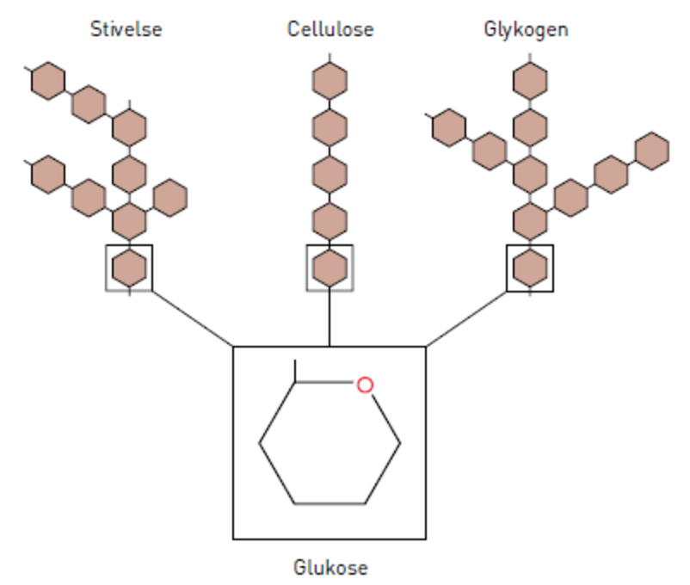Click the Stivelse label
[126, 29]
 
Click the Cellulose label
[330, 29]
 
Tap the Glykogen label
[526, 29]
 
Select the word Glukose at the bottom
[330, 568]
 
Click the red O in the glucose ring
[365, 385]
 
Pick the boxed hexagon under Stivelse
[129, 268]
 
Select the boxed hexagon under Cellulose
[330, 268]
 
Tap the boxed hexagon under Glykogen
[530, 268]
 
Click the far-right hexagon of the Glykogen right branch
[652, 150]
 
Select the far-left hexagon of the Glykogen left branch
[448, 128]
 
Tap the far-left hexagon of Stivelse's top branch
[48, 81]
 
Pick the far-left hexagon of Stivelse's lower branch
[48, 175]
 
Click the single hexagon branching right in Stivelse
[169, 197]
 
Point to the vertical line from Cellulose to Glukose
[330, 318]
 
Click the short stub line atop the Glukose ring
[296, 371]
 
